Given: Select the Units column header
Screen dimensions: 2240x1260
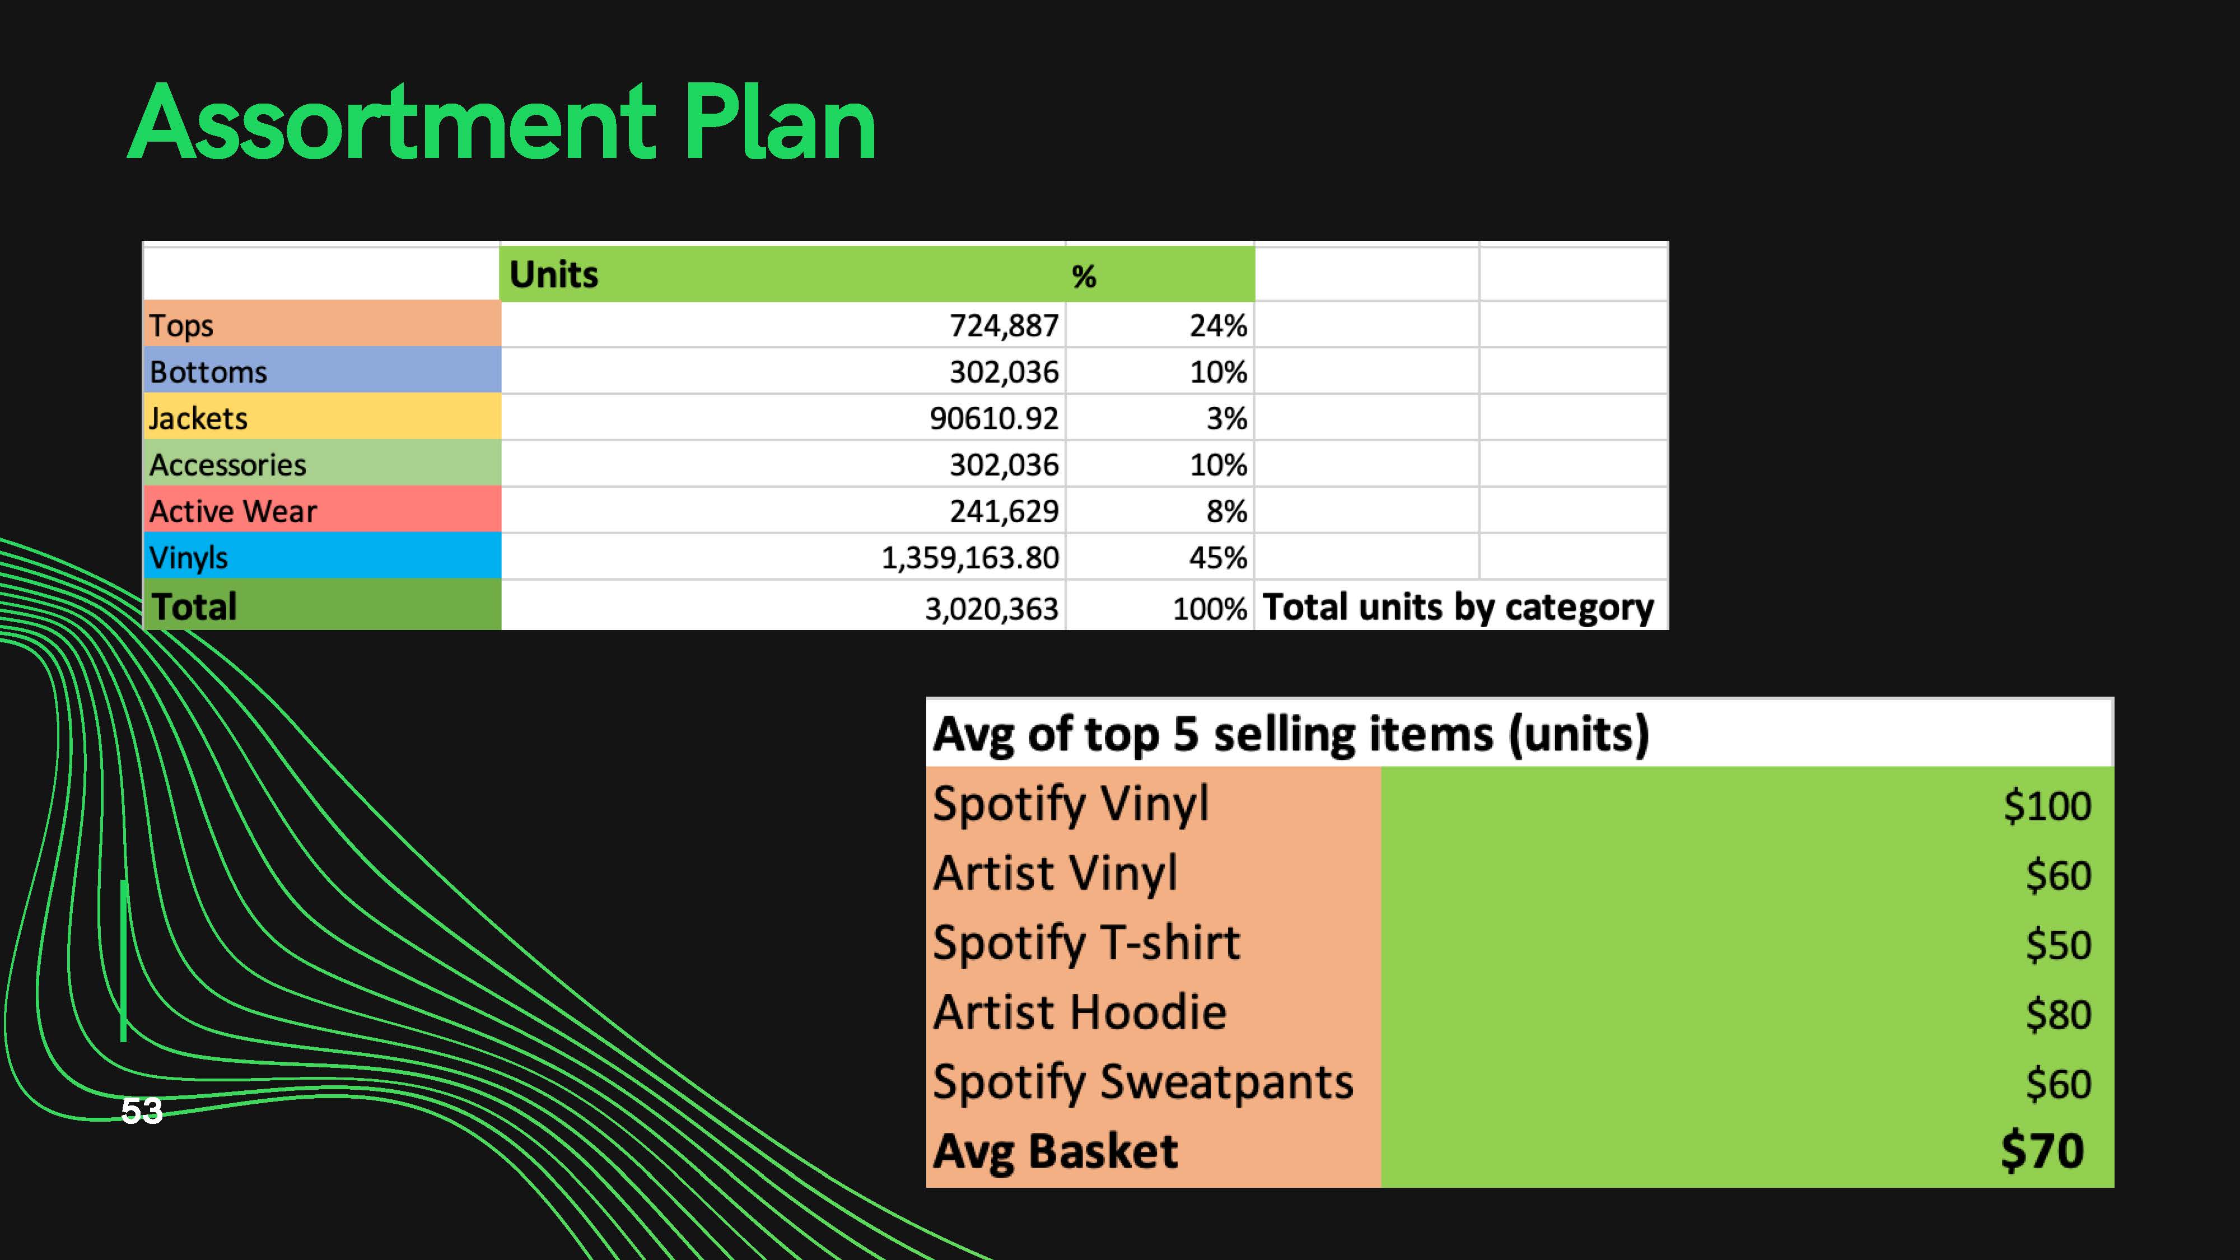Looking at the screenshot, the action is tap(554, 275).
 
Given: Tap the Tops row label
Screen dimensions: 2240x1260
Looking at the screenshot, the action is tap(181, 325).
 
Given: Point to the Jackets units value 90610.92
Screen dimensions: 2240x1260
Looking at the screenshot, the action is tap(994, 418).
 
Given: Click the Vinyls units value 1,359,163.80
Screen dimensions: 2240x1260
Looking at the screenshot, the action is tap(970, 557).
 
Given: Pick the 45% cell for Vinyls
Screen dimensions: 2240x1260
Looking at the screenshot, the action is tap(1218, 557).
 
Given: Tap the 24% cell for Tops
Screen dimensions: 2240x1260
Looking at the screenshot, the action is tap(1218, 326).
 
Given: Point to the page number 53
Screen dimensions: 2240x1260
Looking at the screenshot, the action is tap(142, 1110).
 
